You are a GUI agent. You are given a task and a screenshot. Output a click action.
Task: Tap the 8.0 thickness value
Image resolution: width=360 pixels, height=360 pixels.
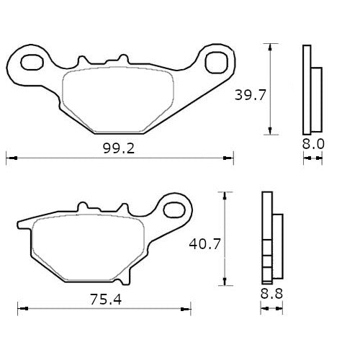313,144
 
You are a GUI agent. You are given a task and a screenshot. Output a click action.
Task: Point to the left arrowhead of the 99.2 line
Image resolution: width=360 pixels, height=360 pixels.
9,156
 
